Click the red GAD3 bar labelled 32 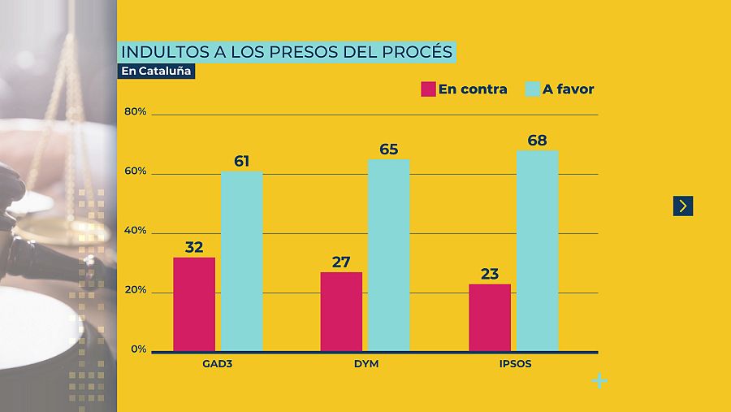pos(194,304)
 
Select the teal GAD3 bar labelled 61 pos(242,261)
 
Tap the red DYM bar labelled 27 pos(341,311)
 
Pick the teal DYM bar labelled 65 pos(389,255)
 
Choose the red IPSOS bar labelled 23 pos(490,318)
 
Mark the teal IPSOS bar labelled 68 pos(538,250)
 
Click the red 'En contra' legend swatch pos(428,89)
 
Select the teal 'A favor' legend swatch pos(533,89)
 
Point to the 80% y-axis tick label pos(136,112)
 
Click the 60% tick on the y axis pos(136,171)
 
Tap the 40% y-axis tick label pos(136,231)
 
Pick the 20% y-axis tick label pos(136,290)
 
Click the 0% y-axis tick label pos(138,349)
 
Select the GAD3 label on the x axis pos(218,364)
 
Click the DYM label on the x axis pos(366,364)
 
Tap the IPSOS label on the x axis pos(515,364)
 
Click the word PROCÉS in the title pos(413,52)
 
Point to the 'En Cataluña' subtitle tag pos(157,71)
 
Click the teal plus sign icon pos(599,380)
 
